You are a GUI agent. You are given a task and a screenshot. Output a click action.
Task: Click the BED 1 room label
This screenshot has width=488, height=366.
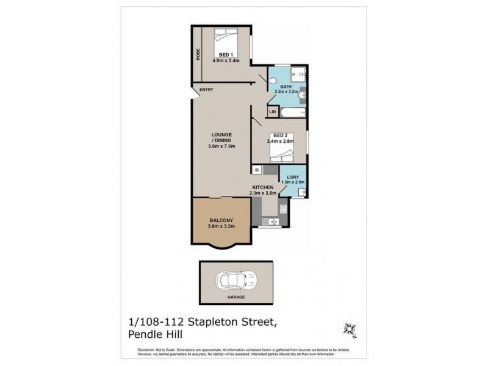coord(225,55)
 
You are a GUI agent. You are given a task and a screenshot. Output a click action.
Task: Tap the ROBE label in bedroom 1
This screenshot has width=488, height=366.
coord(199,54)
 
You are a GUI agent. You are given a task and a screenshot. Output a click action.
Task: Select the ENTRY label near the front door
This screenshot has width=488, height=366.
coord(206,90)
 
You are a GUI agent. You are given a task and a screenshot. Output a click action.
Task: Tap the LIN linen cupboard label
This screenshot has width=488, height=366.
coord(273,112)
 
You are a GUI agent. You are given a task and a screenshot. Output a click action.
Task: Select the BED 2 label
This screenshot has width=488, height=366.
coord(280,135)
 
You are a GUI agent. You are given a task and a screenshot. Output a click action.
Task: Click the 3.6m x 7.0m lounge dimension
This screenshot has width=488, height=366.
coord(221,146)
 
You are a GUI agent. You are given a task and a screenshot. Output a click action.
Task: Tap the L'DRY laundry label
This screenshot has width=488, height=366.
coord(292,176)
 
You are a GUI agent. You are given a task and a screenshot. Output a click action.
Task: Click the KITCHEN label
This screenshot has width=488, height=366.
coord(263,187)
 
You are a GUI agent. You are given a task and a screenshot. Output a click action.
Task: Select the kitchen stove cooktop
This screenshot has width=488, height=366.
coord(282,209)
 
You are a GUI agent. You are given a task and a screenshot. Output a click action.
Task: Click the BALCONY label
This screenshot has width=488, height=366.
coord(221,220)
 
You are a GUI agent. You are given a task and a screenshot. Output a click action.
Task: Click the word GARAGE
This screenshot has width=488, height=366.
coord(236,297)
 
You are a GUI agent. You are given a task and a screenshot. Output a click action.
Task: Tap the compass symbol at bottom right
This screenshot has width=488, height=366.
coord(350,328)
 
